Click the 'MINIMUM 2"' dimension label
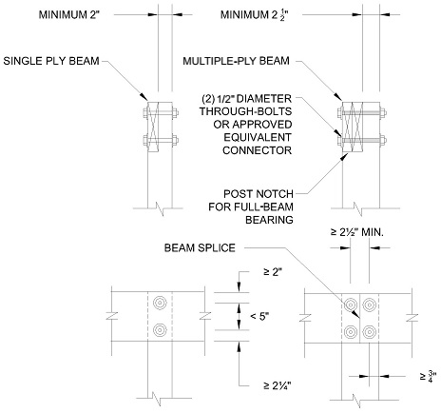tap(69, 15)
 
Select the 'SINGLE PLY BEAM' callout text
tap(51, 61)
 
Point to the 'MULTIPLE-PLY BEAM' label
tap(236, 61)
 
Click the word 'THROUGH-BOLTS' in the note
tap(245, 111)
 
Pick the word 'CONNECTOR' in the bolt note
tap(257, 150)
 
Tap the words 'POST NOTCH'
tap(259, 194)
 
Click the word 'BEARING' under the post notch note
tap(269, 220)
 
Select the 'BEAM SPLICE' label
tap(200, 247)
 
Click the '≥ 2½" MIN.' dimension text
tap(357, 232)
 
